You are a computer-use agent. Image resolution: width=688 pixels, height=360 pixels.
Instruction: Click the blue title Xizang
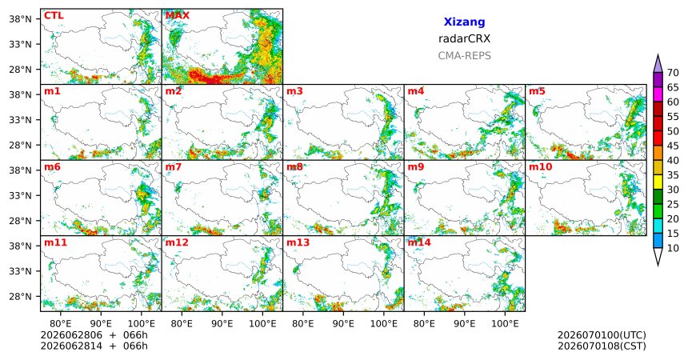[x=464, y=22]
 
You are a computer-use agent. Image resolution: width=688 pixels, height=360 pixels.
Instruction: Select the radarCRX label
[x=464, y=38]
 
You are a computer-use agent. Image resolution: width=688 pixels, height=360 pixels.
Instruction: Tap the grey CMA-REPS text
[x=464, y=56]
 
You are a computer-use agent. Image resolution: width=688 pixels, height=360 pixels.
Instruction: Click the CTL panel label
[x=54, y=15]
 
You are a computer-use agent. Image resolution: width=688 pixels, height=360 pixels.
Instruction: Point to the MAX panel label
[x=178, y=15]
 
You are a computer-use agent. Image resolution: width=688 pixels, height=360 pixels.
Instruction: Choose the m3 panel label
[x=294, y=91]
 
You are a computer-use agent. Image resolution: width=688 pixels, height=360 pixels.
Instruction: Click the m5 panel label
[x=537, y=91]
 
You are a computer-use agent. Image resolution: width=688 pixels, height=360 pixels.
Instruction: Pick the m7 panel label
[x=174, y=167]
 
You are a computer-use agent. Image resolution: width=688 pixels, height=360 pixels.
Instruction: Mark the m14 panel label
[x=419, y=242]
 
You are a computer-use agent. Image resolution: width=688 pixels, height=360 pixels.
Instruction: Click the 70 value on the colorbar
[x=673, y=73]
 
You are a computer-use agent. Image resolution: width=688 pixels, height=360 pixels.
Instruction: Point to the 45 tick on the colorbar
[x=673, y=146]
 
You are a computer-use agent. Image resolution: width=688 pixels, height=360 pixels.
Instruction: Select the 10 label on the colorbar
[x=673, y=248]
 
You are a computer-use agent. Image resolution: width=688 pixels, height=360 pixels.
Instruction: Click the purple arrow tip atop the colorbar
[x=658, y=54]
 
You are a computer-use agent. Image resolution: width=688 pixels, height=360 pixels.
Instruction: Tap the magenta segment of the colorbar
[x=658, y=94]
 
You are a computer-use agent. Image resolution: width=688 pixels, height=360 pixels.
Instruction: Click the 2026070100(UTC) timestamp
[x=602, y=335]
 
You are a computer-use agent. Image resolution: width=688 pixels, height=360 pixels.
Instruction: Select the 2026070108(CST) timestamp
[x=602, y=346]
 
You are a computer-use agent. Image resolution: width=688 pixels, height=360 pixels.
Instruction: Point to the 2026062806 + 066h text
[x=94, y=335]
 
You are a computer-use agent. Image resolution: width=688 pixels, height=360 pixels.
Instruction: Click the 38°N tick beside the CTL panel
[x=20, y=19]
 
